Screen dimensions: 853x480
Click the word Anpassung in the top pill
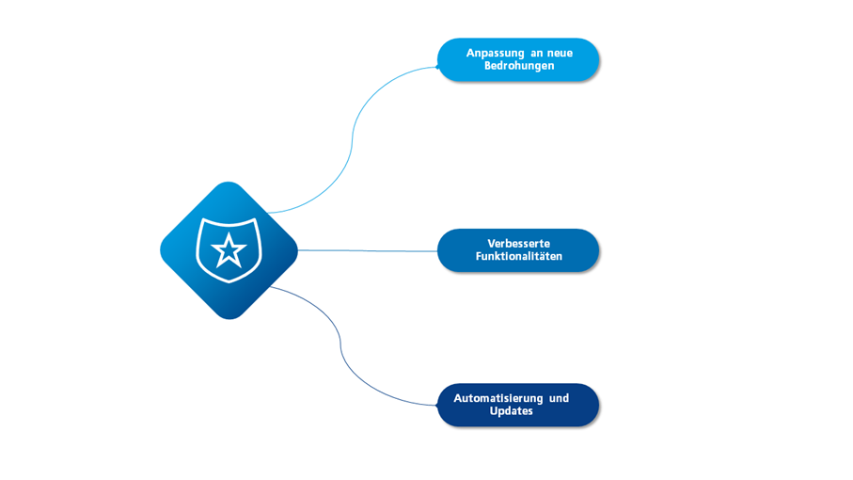pyautogui.click(x=495, y=54)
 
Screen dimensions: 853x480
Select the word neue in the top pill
pyautogui.click(x=560, y=54)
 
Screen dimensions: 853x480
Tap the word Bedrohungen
pyautogui.click(x=519, y=66)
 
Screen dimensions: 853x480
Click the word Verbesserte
pyautogui.click(x=518, y=243)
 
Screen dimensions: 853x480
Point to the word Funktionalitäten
pyautogui.click(x=518, y=256)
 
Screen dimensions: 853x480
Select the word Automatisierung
pyautogui.click(x=498, y=398)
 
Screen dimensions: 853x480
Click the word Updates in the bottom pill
pyautogui.click(x=511, y=411)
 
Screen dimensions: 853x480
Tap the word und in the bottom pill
pyautogui.click(x=559, y=398)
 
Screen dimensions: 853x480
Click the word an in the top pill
pyautogui.click(x=536, y=54)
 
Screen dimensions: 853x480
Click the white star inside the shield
pyautogui.click(x=229, y=251)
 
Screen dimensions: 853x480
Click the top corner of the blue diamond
pyautogui.click(x=229, y=182)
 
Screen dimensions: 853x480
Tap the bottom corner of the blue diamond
pyautogui.click(x=229, y=319)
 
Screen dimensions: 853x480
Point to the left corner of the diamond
pyautogui.click(x=161, y=250)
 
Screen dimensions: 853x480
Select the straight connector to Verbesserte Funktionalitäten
pyautogui.click(x=368, y=251)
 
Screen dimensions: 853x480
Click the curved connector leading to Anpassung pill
pyautogui.click(x=352, y=138)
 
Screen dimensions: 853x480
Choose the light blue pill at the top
pyautogui.click(x=518, y=60)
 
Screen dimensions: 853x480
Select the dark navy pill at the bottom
pyautogui.click(x=518, y=405)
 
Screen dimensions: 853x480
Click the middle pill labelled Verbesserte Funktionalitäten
pyautogui.click(x=518, y=250)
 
